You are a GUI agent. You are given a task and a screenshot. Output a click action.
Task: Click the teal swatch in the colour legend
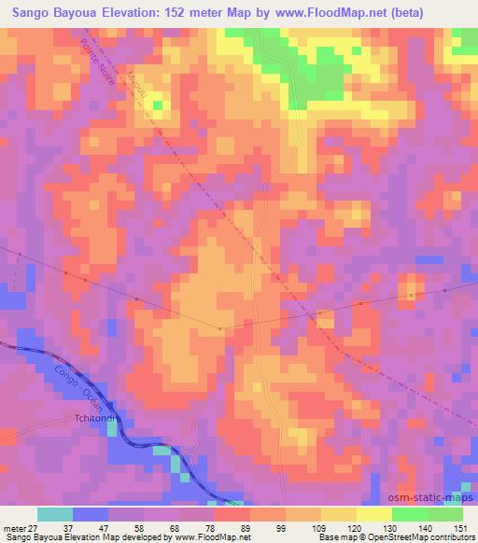click(55, 514)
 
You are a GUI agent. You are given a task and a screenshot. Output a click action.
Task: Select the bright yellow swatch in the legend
click(374, 514)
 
